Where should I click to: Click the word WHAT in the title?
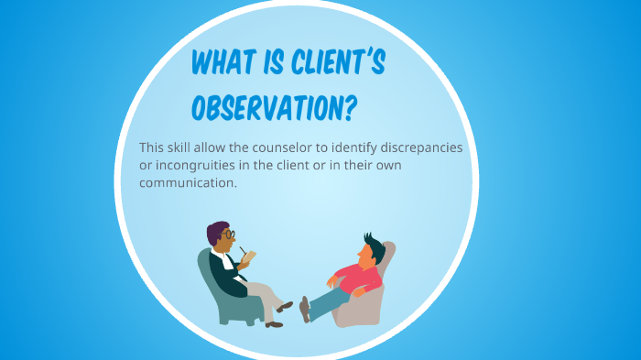point(223,64)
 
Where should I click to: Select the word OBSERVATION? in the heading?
point(266,106)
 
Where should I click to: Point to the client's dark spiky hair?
point(373,245)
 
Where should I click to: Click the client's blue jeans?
point(330,299)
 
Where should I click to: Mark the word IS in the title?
point(273,64)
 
